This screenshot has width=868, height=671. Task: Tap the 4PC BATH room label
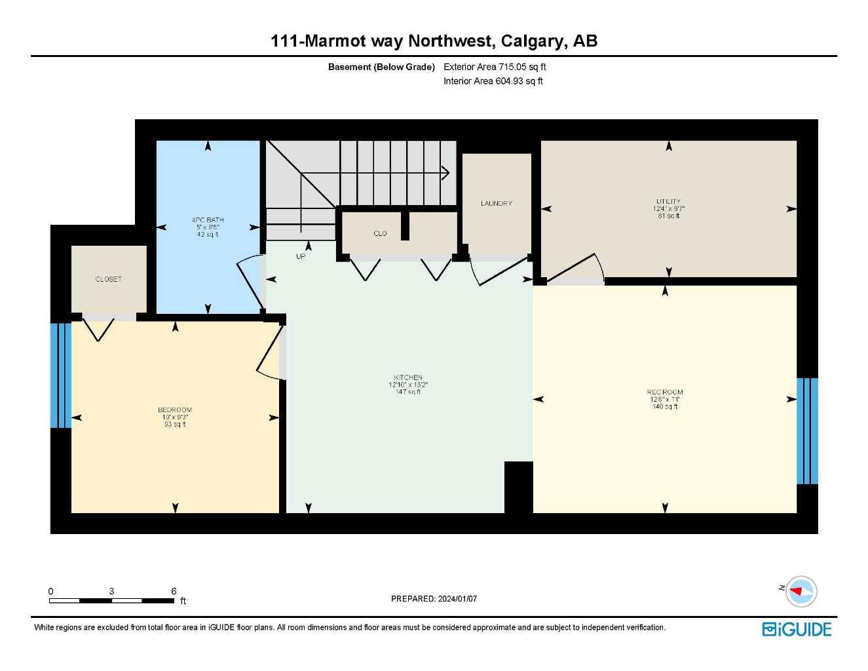coord(208,220)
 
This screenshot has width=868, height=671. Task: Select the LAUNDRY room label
coord(496,203)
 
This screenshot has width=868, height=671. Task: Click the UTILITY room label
coord(668,202)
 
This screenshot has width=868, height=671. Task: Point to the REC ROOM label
coord(665,393)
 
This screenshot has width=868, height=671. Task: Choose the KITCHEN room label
coord(408,377)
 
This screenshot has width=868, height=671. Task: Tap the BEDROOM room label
coord(175,410)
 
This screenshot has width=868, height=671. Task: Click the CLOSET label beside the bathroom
coord(109,279)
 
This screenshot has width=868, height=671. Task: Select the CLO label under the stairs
coord(380,233)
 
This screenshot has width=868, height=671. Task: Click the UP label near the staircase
coord(301,256)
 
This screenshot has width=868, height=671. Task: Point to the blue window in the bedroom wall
coord(61,375)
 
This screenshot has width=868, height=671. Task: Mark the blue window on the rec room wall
coord(807,431)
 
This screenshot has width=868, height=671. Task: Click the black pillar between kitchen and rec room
coord(518,487)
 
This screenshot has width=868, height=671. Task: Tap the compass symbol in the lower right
coord(801,591)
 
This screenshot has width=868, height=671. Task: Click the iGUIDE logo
coord(797,629)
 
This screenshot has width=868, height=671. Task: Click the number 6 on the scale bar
coord(174,591)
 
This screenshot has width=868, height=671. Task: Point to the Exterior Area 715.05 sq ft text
coord(495,67)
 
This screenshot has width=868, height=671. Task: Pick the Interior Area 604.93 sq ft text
coord(493,81)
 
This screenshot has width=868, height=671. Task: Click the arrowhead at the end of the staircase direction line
coord(446,173)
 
